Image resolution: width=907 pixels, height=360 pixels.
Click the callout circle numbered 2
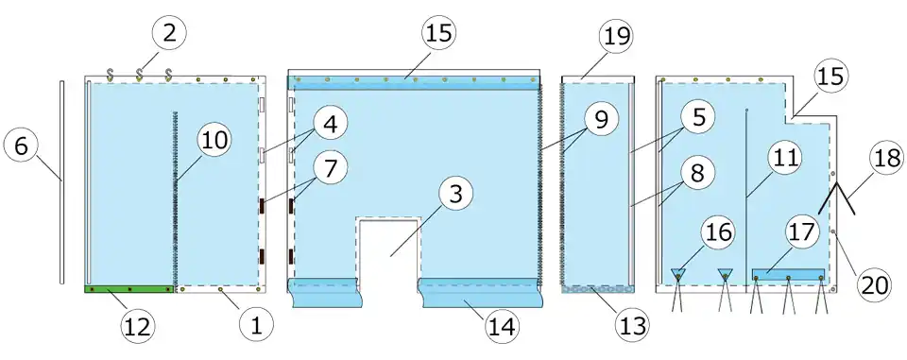[x=169, y=34]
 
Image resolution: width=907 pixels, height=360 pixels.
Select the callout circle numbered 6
[x=21, y=146]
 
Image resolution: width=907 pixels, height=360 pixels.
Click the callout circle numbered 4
[x=331, y=125]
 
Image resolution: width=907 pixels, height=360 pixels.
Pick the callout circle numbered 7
[x=331, y=169]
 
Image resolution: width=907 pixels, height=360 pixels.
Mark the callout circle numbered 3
[x=455, y=195]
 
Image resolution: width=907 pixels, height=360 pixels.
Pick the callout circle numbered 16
[x=717, y=232]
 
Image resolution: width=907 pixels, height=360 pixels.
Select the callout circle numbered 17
[x=802, y=232]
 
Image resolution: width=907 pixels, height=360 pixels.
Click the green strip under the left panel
[x=129, y=289]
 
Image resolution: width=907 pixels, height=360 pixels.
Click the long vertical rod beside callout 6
[x=61, y=182]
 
